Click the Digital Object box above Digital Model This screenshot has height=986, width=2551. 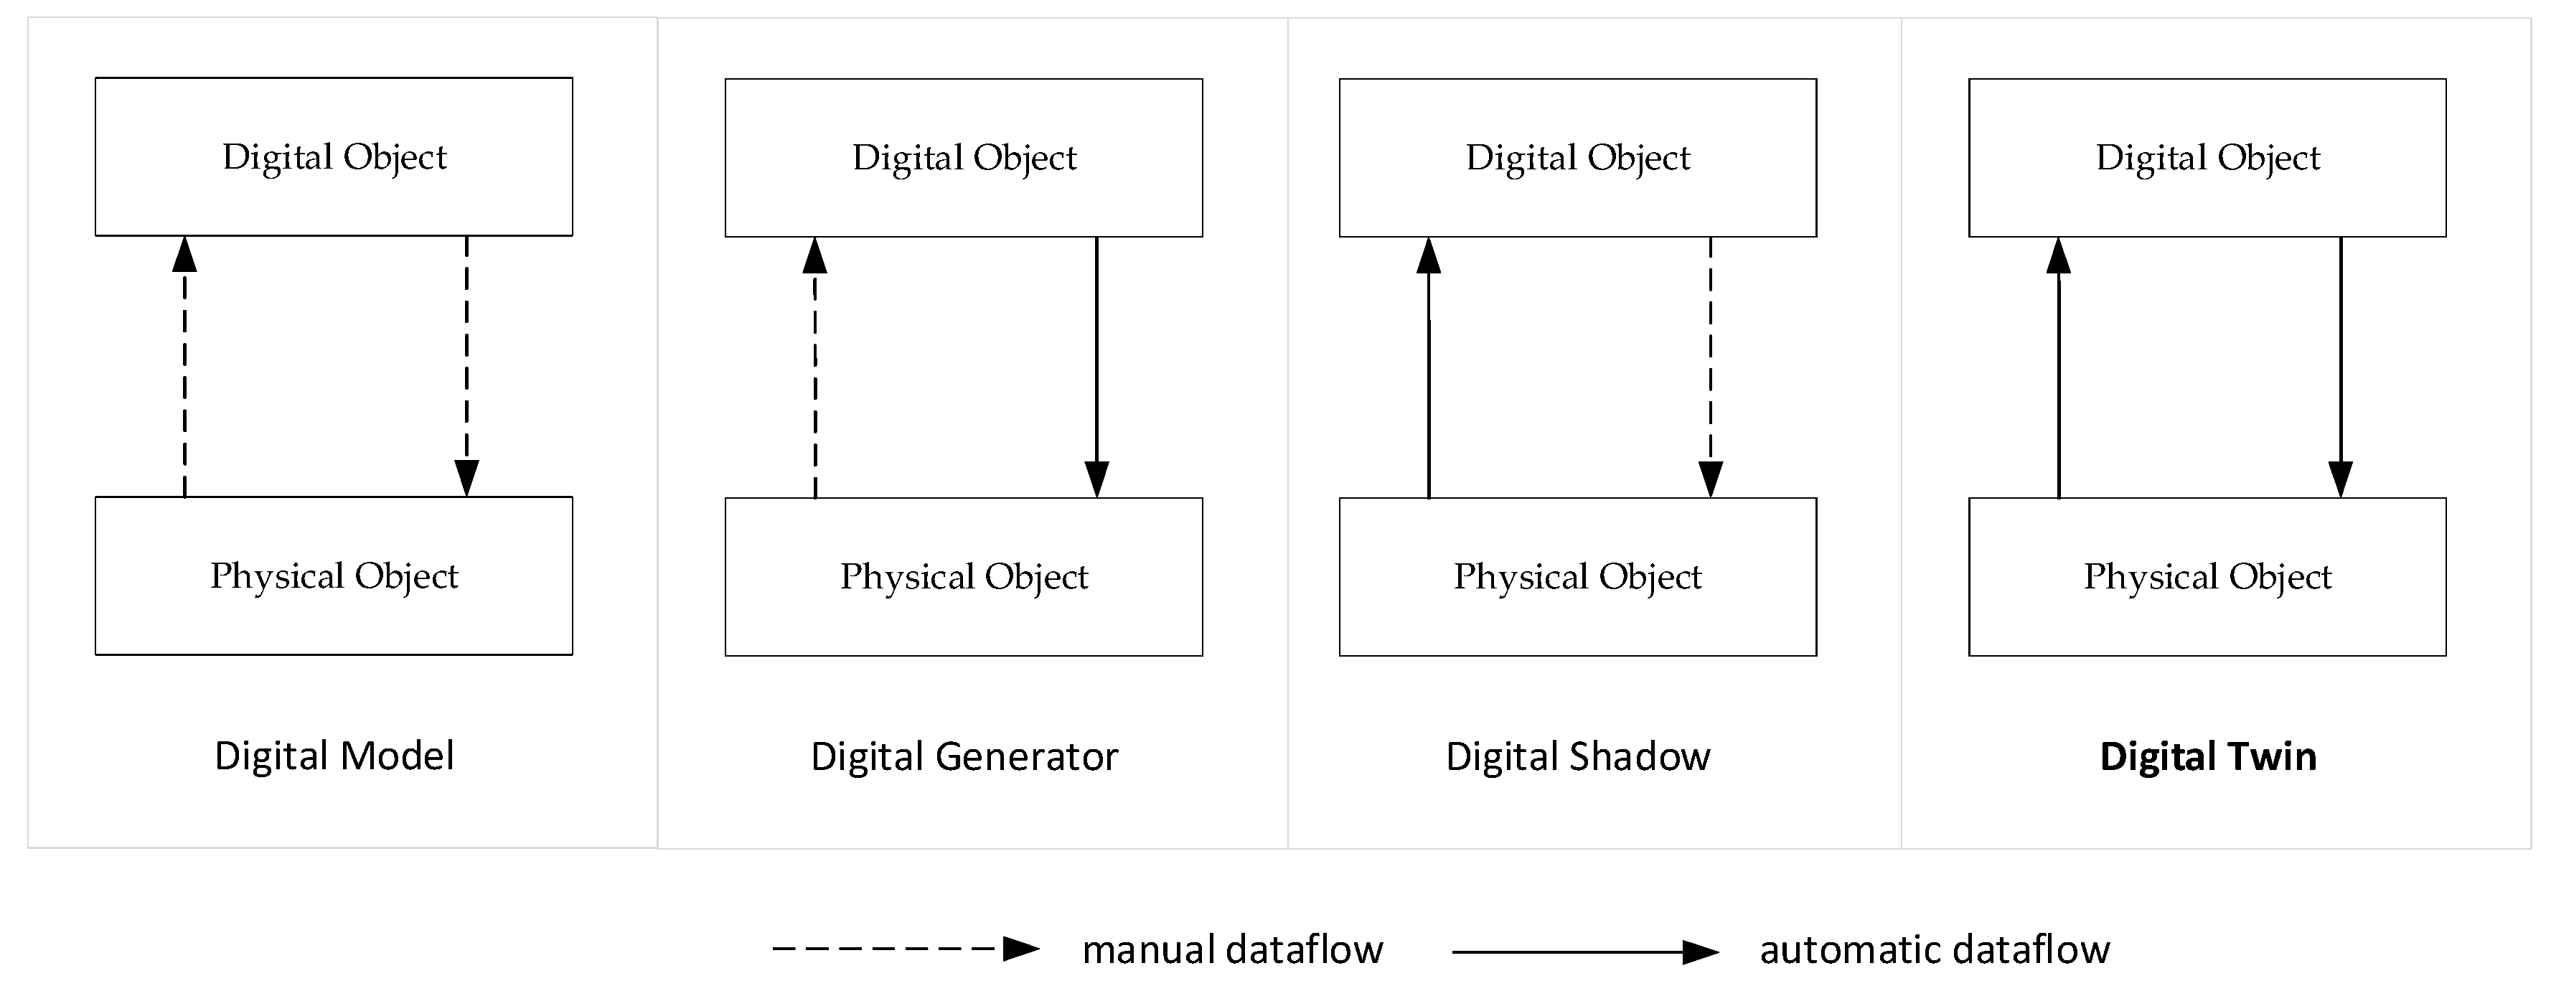pyautogui.click(x=334, y=156)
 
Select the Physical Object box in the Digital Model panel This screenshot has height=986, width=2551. pyautogui.click(x=334, y=576)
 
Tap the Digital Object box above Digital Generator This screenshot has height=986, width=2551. pyautogui.click(x=964, y=157)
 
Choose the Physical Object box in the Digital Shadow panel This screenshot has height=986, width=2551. pyautogui.click(x=1577, y=576)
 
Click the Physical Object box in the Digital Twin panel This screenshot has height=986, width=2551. pyautogui.click(x=2207, y=576)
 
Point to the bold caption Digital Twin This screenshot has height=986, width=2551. pyautogui.click(x=2207, y=756)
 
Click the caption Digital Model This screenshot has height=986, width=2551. pyautogui.click(x=334, y=756)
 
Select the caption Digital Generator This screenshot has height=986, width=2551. pyautogui.click(x=964, y=756)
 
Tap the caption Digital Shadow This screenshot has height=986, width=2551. pyautogui.click(x=1577, y=756)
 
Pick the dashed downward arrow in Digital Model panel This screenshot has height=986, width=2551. pyautogui.click(x=466, y=366)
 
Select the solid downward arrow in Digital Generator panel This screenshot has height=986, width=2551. pyautogui.click(x=1096, y=366)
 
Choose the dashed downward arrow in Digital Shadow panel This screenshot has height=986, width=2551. pyautogui.click(x=1710, y=366)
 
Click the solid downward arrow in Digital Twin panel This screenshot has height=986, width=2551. pyautogui.click(x=2340, y=366)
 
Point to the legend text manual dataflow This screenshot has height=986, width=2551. pyautogui.click(x=1232, y=949)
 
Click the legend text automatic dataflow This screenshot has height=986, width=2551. pyautogui.click(x=1934, y=949)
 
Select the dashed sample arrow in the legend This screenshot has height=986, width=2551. pyautogui.click(x=904, y=949)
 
